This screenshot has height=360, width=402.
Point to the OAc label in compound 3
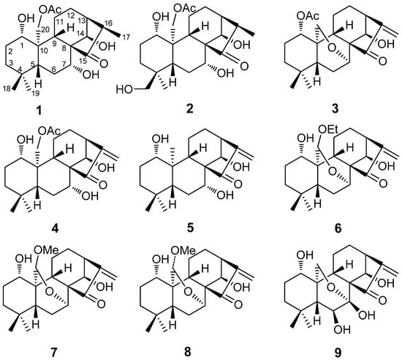(314, 11)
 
